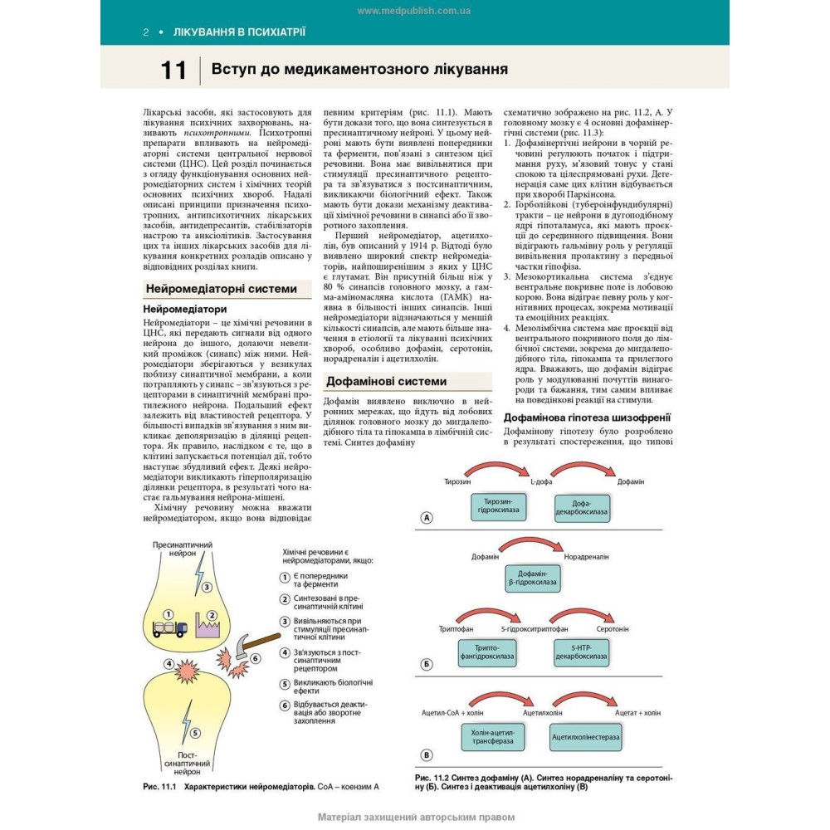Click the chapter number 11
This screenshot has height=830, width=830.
pos(173,71)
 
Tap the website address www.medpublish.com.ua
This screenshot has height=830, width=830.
pos(414,11)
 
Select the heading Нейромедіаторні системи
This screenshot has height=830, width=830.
pos(221,289)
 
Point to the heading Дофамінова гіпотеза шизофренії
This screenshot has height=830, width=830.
pos(587,417)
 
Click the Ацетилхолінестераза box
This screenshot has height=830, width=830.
pos(586,736)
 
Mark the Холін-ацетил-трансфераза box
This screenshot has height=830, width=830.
pos(493,736)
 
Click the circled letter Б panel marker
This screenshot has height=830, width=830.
pos(427,664)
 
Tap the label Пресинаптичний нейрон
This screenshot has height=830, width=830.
pos(183,549)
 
